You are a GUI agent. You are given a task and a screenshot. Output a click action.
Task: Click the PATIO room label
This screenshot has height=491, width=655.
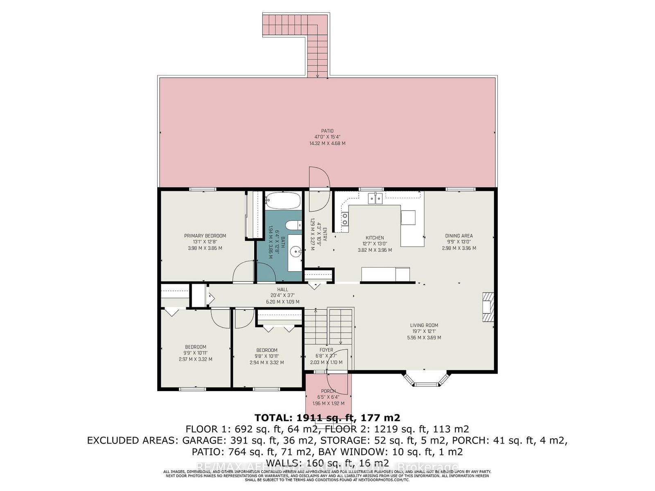[x=327, y=131]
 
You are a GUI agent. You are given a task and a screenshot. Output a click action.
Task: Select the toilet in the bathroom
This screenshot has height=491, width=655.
[x=292, y=225]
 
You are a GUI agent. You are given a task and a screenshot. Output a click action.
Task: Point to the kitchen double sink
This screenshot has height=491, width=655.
[x=375, y=198]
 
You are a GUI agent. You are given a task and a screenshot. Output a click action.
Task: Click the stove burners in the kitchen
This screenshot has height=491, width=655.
[x=345, y=219]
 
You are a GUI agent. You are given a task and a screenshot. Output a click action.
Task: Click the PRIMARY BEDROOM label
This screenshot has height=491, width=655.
[x=205, y=236]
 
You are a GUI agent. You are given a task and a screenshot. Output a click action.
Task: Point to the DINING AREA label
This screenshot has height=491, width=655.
[x=459, y=236]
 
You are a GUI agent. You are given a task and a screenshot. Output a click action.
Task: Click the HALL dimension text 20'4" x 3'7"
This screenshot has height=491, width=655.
[x=282, y=295]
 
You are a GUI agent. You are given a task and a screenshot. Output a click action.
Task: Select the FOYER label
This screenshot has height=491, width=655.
[x=326, y=350]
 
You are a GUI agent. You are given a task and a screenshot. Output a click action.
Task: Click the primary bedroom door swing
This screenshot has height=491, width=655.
[x=243, y=273]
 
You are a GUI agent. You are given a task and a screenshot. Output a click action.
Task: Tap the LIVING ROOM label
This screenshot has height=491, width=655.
[x=424, y=326]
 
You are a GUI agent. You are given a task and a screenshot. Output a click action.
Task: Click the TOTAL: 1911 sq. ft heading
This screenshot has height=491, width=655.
[x=327, y=418]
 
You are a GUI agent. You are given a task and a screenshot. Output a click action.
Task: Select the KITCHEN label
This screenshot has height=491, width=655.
[x=375, y=238]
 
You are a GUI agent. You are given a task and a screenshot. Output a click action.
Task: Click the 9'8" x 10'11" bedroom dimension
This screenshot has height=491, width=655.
[x=267, y=356]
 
